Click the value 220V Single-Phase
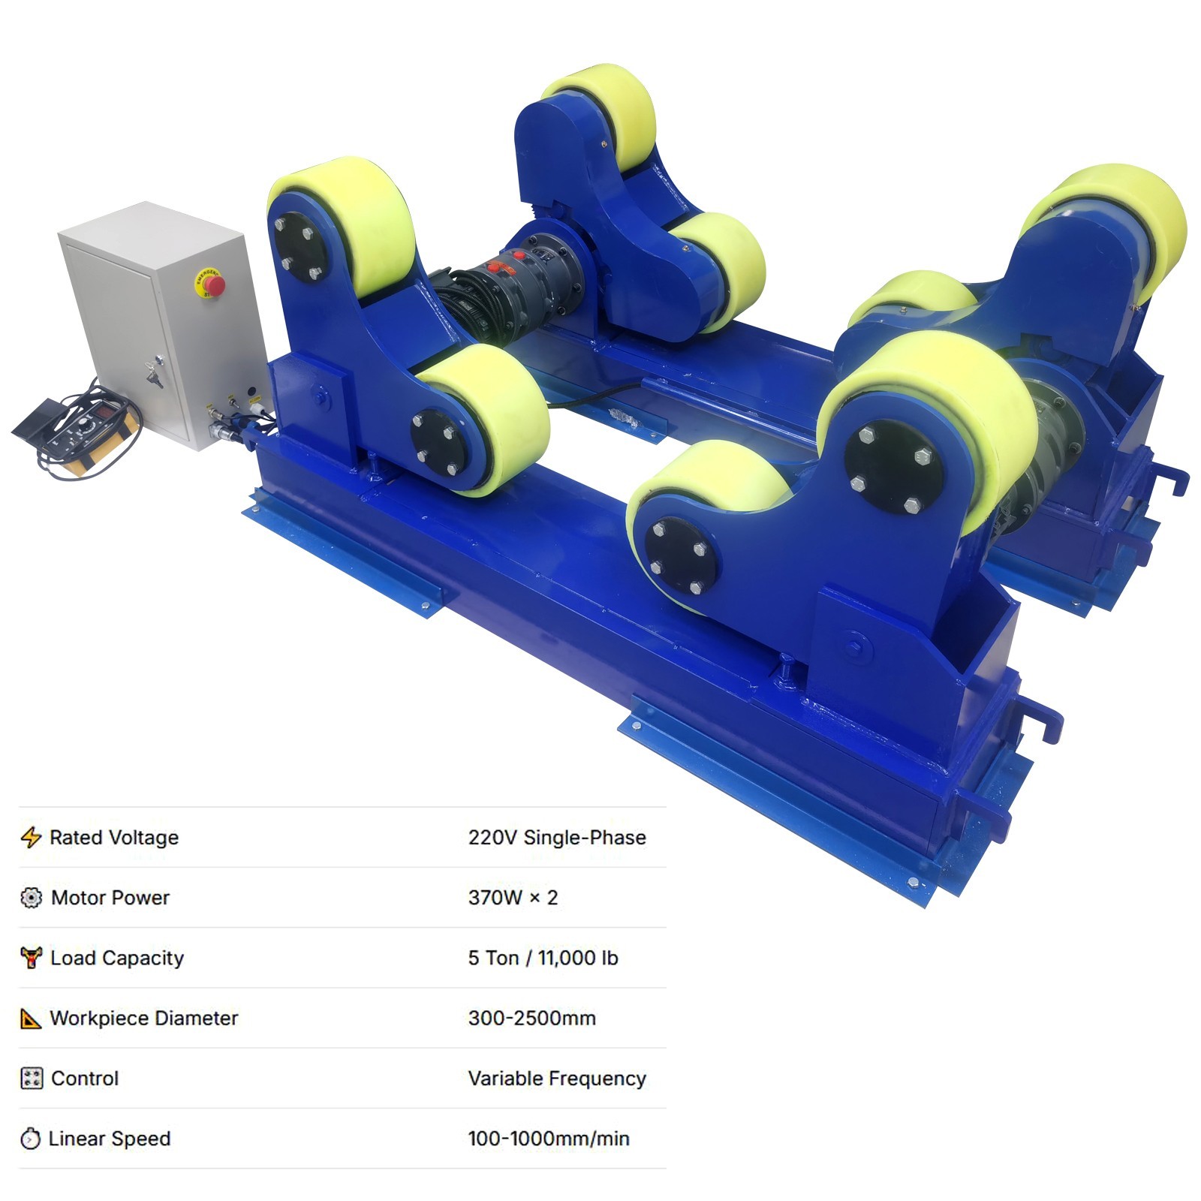pos(557,837)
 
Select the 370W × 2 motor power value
pos(513,897)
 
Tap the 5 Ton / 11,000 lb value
pos(543,958)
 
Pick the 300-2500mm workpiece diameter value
pos(531,1018)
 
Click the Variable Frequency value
pos(557,1078)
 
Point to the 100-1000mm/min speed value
pos(549,1139)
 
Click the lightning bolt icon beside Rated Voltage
pos(31,837)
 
